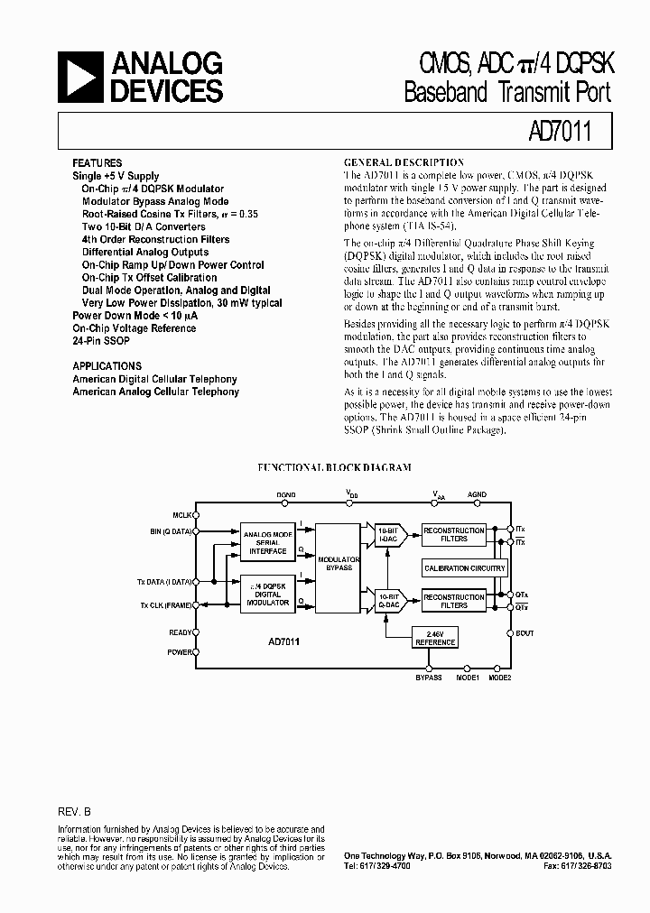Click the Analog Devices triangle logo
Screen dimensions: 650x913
click(x=81, y=77)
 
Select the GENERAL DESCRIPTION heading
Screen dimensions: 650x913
click(x=404, y=162)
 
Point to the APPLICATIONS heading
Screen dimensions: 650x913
click(x=107, y=366)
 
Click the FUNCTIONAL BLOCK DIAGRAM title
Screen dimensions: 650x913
click(x=334, y=467)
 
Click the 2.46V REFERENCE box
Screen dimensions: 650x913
click(x=434, y=638)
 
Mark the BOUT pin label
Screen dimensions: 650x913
click(x=525, y=633)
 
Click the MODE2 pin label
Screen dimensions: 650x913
click(x=500, y=677)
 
